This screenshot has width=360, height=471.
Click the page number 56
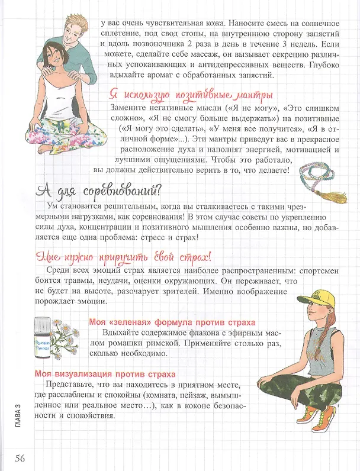[x=20, y=458]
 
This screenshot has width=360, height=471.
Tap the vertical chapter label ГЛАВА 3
[x=18, y=416]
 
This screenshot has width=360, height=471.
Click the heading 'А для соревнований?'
[x=98, y=191]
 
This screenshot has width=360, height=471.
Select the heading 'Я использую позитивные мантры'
[x=191, y=95]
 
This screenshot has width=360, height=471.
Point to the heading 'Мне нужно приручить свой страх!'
[x=123, y=257]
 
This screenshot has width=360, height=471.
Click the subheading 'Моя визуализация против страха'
[x=105, y=375]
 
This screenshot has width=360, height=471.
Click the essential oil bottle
[x=42, y=337]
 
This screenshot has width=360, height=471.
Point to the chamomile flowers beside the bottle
[x=64, y=337]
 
